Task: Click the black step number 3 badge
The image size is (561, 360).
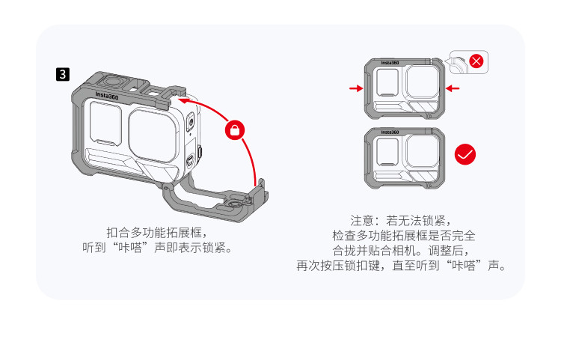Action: (63, 74)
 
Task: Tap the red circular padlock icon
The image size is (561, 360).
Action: (235, 130)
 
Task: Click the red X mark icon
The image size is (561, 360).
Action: (476, 61)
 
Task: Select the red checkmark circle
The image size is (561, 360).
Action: (465, 154)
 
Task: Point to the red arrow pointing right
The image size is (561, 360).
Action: (356, 88)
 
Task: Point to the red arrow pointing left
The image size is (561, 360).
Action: (453, 88)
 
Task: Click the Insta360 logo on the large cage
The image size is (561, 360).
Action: (107, 96)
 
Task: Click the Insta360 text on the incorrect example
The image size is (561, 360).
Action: (390, 63)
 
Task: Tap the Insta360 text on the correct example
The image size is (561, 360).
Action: (390, 132)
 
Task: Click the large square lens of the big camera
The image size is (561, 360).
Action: (153, 135)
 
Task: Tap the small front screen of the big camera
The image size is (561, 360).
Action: (105, 123)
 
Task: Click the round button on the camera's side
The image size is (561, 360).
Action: (191, 122)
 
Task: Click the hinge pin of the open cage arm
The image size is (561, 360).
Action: (165, 187)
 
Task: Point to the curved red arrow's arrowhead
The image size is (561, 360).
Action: (183, 100)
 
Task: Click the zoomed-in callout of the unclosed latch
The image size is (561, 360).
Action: (469, 62)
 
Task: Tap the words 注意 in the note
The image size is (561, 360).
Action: (362, 221)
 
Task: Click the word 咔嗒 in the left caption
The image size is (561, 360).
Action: (131, 247)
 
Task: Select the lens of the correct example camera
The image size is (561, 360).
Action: (423, 152)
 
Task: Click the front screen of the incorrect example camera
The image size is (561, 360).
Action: (387, 82)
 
